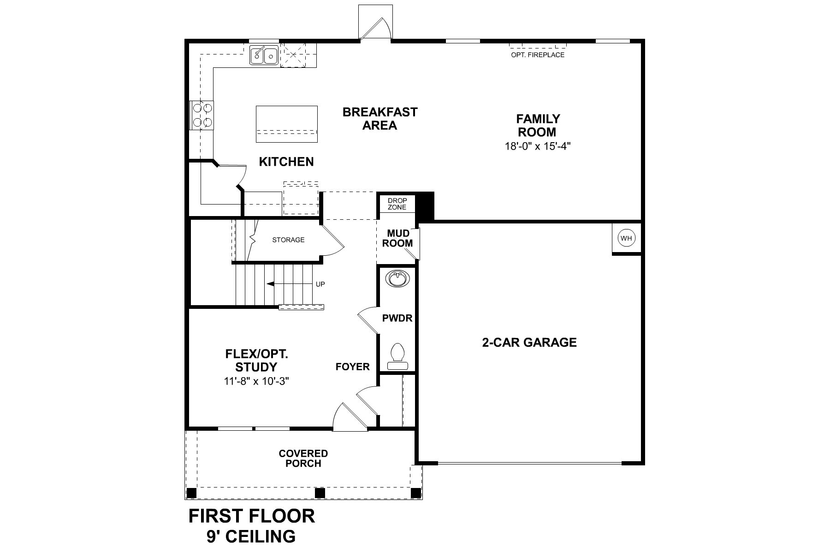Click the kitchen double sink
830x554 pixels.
[264, 55]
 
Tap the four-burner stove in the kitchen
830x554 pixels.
[202, 115]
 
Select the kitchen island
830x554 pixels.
[287, 124]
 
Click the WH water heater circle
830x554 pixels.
[626, 238]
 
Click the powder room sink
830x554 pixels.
[397, 279]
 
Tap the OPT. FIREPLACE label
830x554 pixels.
[538, 55]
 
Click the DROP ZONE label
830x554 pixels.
[397, 204]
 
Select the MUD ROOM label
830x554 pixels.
[397, 239]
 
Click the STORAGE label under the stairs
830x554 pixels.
[288, 240]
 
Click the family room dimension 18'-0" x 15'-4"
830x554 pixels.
[538, 146]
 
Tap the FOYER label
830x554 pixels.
[353, 367]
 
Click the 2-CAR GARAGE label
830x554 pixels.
[529, 343]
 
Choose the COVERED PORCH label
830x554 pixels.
[303, 458]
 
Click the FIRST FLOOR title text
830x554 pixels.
[252, 516]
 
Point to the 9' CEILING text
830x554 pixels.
[251, 536]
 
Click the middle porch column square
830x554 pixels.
[320, 493]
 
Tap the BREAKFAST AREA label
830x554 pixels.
[380, 119]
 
